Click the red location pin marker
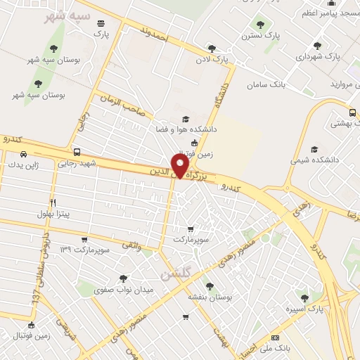click(181, 165)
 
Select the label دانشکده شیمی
click(314, 160)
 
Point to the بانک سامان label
click(267, 84)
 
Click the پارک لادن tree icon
click(212, 49)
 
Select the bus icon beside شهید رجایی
click(77, 152)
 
